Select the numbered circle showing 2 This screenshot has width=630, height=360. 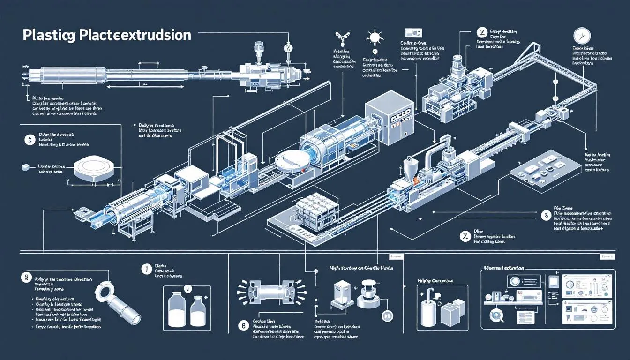click(x=480, y=32)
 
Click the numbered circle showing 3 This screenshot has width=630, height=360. click(x=545, y=216)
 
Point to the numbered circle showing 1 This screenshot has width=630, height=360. click(x=146, y=269)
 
